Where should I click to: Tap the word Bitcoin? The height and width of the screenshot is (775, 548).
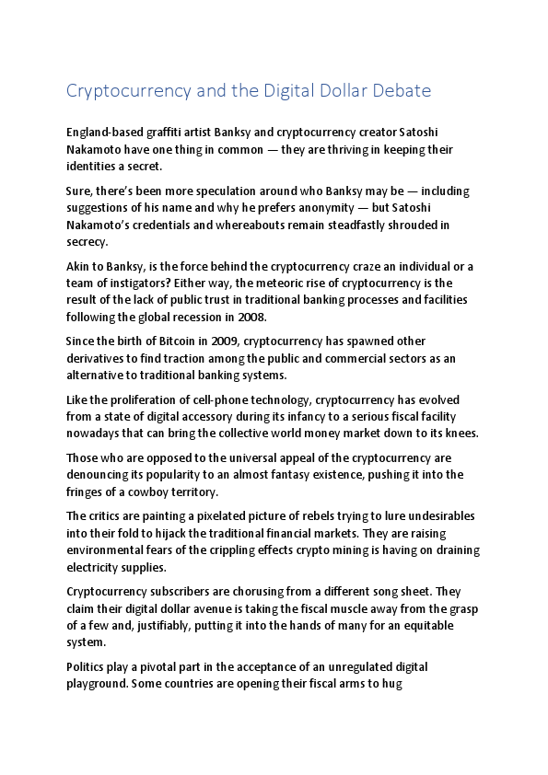click(163, 341)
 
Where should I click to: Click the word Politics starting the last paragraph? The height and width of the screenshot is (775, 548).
click(88, 666)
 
